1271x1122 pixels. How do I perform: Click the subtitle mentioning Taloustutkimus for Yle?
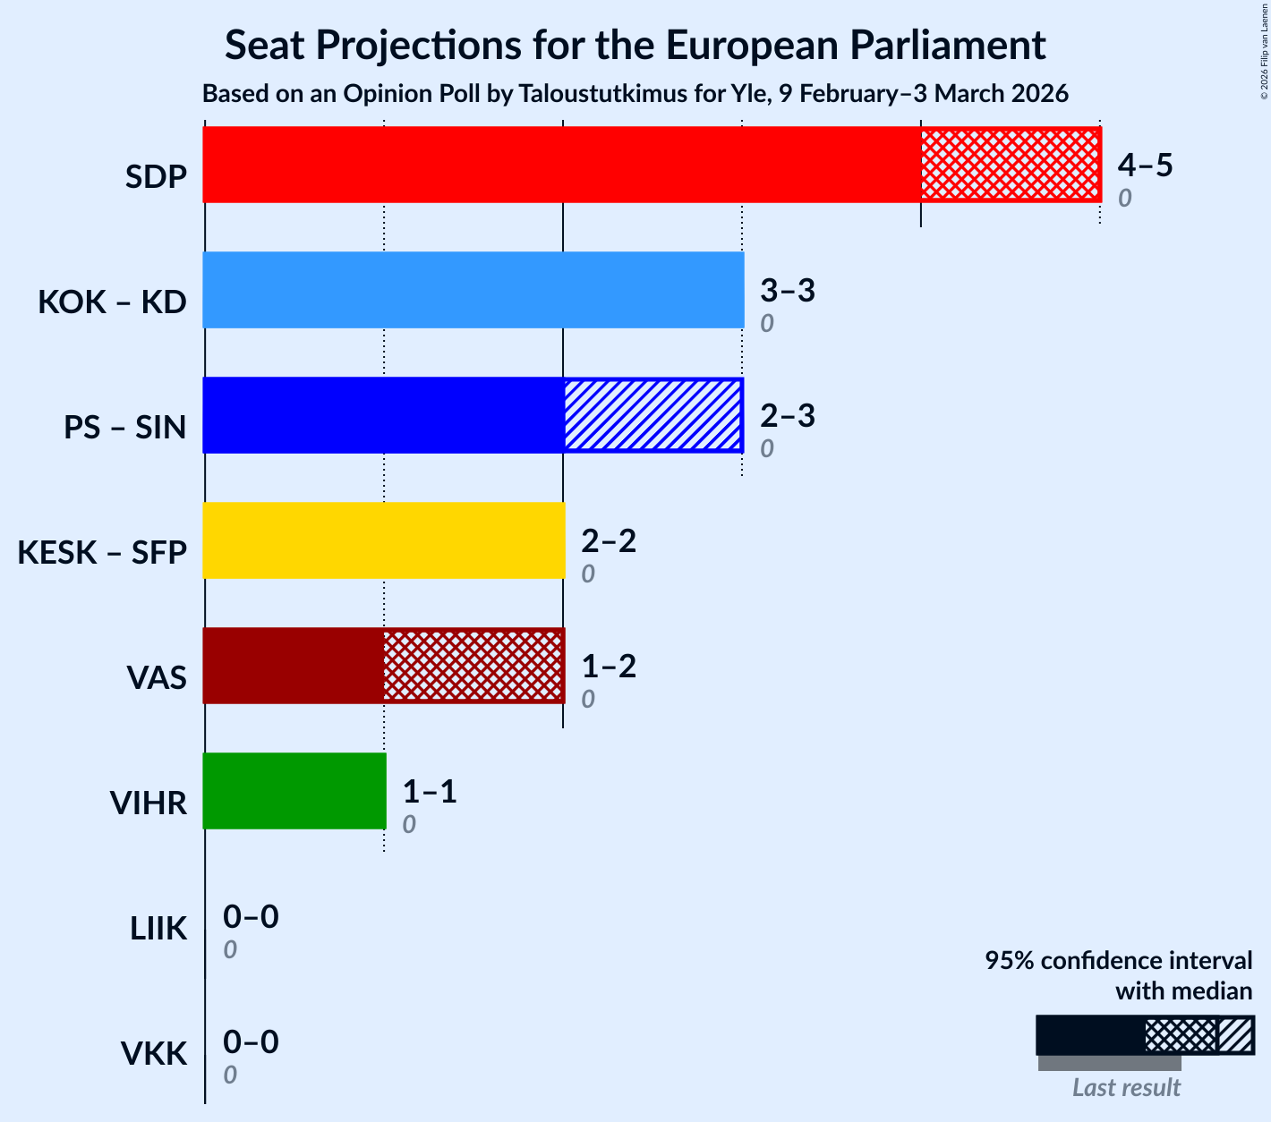(635, 94)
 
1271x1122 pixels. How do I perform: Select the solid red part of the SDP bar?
(561, 165)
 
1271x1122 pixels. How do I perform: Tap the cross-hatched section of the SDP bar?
(1010, 165)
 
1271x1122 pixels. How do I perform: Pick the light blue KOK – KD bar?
(473, 290)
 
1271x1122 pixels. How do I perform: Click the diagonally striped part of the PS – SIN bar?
(653, 415)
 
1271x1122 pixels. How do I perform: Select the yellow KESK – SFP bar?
(383, 540)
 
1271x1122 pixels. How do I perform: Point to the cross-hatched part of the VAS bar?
(473, 666)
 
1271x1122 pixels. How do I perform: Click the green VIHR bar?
(294, 791)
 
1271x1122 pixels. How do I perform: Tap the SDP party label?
(156, 178)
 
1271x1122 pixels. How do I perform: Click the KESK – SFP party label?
(102, 554)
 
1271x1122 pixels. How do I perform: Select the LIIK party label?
(158, 930)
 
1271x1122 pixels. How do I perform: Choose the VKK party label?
(154, 1055)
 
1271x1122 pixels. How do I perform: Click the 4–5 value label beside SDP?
(1145, 166)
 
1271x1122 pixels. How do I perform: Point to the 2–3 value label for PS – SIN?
(788, 416)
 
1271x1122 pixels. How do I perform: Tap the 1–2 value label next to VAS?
(609, 667)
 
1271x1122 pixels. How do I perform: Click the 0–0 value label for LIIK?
(251, 917)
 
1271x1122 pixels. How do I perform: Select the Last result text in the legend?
(1126, 1088)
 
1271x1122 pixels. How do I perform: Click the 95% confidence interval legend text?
(1118, 961)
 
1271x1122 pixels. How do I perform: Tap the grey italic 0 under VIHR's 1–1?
(408, 825)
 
